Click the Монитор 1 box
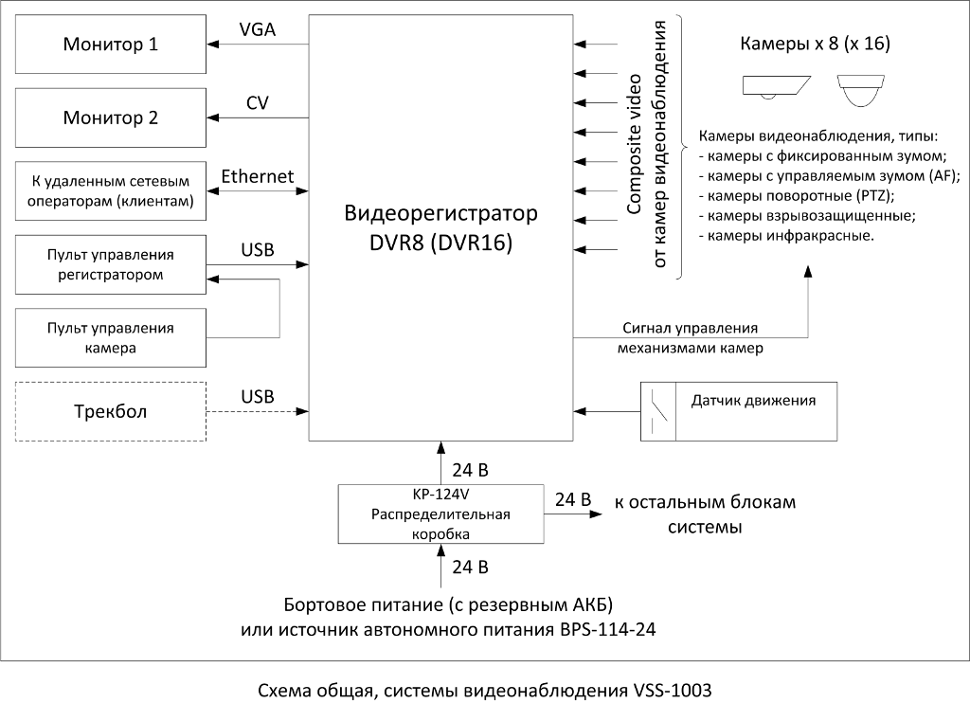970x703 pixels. pyautogui.click(x=111, y=45)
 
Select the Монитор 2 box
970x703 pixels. pyautogui.click(x=111, y=118)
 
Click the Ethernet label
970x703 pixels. pyautogui.click(x=258, y=177)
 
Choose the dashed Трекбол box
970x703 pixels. pyautogui.click(x=111, y=412)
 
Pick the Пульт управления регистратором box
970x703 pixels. pyautogui.click(x=111, y=265)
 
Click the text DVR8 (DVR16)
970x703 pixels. pyautogui.click(x=440, y=243)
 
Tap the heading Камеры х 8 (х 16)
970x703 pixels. pyautogui.click(x=815, y=45)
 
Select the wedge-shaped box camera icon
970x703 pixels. pyautogui.click(x=777, y=87)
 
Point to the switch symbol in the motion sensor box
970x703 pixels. pyautogui.click(x=661, y=409)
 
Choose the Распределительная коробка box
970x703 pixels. pyautogui.click(x=440, y=514)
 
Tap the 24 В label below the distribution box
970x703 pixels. pyautogui.click(x=470, y=567)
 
